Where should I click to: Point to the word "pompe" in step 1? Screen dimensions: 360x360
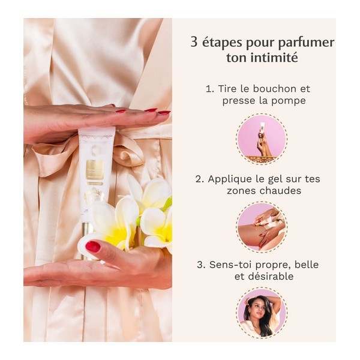point(290,100)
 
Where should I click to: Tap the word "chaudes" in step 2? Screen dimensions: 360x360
point(281,190)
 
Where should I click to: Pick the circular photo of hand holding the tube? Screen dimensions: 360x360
point(262,139)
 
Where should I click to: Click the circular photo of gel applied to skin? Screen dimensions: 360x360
point(262,227)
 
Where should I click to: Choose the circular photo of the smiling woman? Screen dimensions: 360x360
point(262,313)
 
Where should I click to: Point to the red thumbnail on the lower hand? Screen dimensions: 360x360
point(93,247)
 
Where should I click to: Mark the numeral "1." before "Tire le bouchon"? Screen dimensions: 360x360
point(209,88)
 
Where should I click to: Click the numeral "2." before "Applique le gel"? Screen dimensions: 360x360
point(199,178)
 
